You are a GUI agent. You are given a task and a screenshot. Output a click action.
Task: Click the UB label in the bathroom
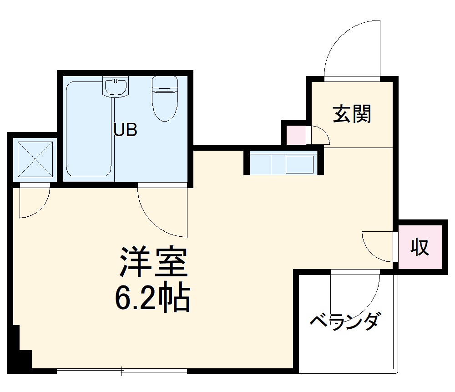point(125,131)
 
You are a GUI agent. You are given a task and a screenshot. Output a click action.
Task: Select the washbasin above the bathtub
point(116,87)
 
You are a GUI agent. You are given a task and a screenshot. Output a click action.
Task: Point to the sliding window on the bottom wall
point(122,371)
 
